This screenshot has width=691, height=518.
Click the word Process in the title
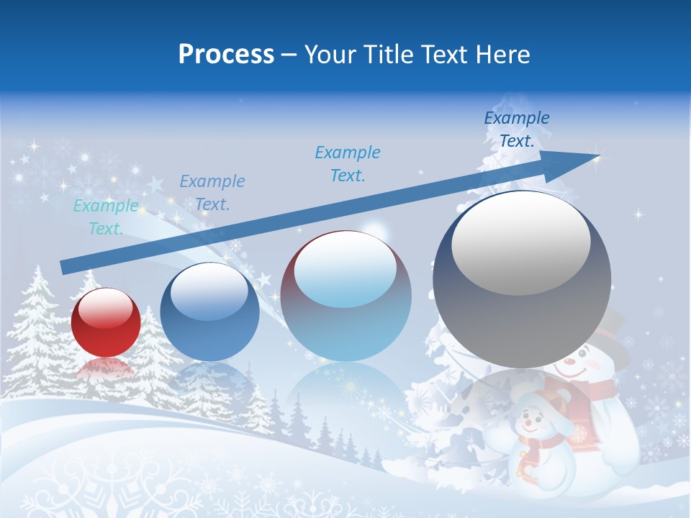pos(226,55)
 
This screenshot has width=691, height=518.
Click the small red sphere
pos(106,322)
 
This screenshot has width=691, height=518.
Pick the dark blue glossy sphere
pos(209,312)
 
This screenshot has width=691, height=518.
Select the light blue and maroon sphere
pos(345,296)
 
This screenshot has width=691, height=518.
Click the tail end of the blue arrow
pos(63,268)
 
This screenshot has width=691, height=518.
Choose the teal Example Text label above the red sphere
pos(106,217)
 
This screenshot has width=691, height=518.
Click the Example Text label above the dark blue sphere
pos(212,193)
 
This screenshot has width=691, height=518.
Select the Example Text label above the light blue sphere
pos(348,163)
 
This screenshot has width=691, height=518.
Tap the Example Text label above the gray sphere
pos(516,129)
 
